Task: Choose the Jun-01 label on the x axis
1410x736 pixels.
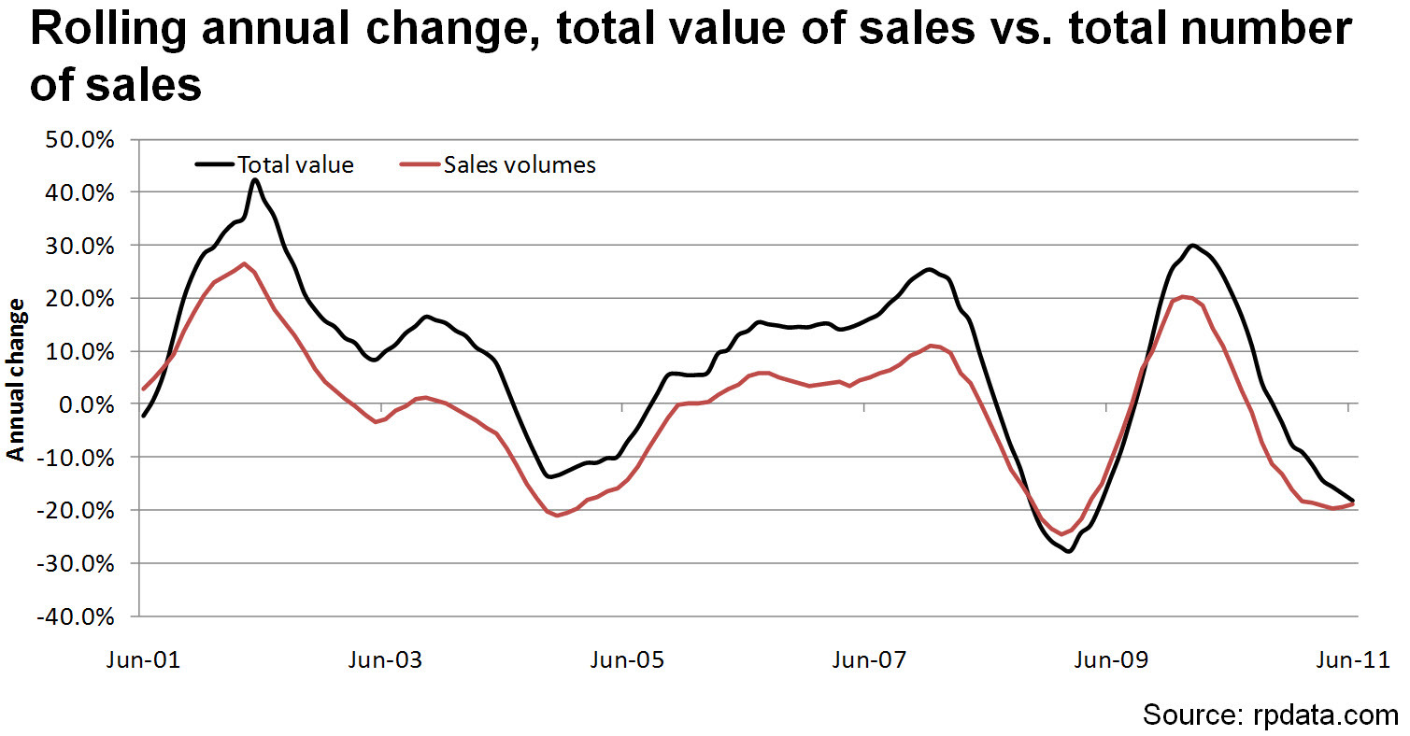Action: click(x=141, y=661)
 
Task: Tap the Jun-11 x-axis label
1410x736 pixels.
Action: click(x=1347, y=661)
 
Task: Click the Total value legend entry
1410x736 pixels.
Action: click(x=295, y=165)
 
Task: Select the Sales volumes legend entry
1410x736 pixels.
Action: click(x=520, y=165)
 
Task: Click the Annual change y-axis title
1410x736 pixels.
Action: click(x=17, y=379)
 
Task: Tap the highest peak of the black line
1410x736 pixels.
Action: click(x=255, y=180)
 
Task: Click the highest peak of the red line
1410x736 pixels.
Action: click(x=244, y=263)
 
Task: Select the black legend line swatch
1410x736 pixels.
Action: click(x=215, y=165)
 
